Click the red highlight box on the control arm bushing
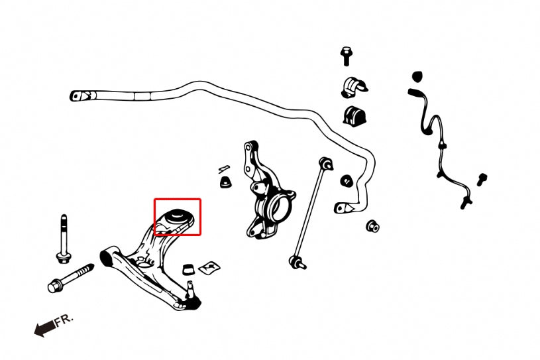(x=178, y=199)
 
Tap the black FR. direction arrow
(x=45, y=328)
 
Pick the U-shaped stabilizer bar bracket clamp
(x=354, y=88)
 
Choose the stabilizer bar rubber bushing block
(x=354, y=117)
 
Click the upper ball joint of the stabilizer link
(x=326, y=163)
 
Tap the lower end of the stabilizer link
(x=297, y=263)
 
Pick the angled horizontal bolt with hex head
(x=71, y=278)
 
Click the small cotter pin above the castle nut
(x=224, y=168)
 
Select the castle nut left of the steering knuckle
(x=225, y=182)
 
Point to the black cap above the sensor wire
(x=417, y=76)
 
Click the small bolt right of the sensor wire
(x=482, y=180)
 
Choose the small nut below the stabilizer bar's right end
(x=372, y=226)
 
